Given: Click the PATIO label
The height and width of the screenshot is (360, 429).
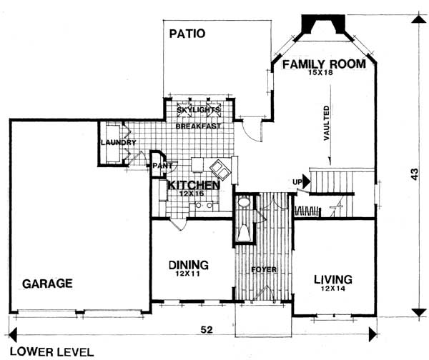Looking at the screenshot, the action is (187, 34).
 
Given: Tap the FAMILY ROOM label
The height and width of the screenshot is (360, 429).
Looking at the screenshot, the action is (324, 64).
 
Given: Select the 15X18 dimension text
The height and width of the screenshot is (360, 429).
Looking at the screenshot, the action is (320, 73).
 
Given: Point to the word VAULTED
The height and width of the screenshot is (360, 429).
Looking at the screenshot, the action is (327, 124).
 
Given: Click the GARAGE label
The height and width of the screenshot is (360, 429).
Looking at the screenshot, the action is (47, 284).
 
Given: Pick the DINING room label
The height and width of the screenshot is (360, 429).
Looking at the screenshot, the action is (189, 265).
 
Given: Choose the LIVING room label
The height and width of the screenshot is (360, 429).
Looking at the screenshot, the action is (333, 279).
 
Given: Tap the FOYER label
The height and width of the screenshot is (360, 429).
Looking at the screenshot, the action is (264, 270).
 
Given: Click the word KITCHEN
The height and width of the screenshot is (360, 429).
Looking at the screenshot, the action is (194, 185).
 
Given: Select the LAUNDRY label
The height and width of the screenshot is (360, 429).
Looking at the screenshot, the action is (119, 142).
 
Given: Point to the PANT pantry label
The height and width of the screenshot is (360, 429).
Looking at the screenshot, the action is (162, 166).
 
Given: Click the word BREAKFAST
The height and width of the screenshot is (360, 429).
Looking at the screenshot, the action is (198, 126).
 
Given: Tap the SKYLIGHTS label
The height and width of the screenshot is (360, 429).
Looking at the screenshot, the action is (198, 110).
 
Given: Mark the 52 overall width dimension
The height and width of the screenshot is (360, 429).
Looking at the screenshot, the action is (207, 330).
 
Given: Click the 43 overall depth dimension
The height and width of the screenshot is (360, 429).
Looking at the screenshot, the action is (415, 174).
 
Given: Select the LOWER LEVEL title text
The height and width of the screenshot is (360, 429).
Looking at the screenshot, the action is (52, 352).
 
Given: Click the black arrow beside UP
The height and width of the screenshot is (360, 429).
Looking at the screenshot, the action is (307, 181).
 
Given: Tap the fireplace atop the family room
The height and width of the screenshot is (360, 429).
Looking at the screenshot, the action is (323, 24).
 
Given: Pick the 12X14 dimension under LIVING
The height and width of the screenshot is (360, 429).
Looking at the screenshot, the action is (333, 289).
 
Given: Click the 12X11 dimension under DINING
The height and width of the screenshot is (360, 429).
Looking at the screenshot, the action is (188, 274).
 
